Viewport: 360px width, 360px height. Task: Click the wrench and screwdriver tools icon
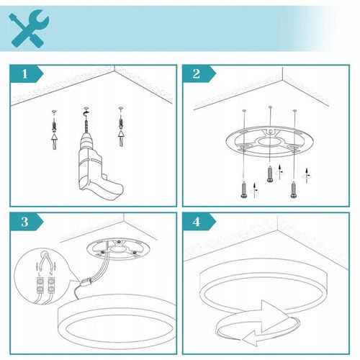(29, 28)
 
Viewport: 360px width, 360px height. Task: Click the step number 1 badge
(27, 73)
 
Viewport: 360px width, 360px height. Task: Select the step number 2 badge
(199, 73)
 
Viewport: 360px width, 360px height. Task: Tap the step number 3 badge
(27, 222)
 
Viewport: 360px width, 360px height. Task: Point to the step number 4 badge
(199, 222)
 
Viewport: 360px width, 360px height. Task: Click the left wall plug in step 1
(55, 127)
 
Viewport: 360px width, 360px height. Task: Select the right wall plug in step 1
(121, 125)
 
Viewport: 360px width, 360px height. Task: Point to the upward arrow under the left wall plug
(55, 142)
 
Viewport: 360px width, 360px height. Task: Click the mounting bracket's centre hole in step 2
(269, 142)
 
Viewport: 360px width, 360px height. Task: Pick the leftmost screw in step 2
(244, 189)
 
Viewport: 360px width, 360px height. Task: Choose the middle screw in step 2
(270, 174)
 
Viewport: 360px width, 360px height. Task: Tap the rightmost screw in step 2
(294, 189)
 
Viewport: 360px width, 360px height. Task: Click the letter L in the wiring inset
(40, 274)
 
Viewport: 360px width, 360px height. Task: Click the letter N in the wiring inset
(51, 274)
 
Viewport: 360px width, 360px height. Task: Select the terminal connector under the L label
(40, 286)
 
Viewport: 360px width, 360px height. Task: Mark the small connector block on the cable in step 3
(86, 282)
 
